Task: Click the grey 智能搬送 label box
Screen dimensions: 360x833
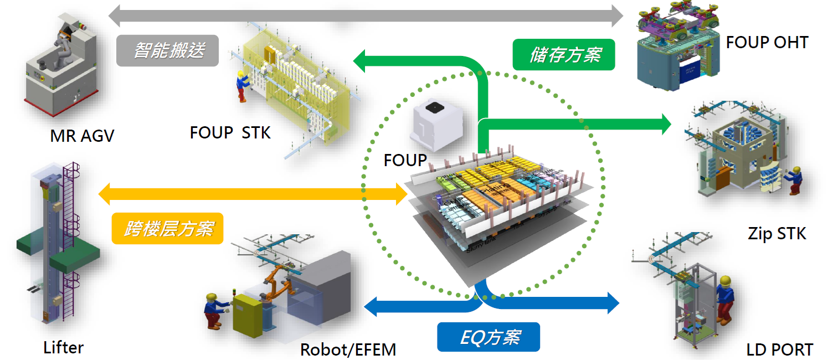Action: pyautogui.click(x=168, y=50)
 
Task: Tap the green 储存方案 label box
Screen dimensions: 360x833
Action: pyautogui.click(x=564, y=54)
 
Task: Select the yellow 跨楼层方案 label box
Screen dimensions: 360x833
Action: pyautogui.click(x=167, y=228)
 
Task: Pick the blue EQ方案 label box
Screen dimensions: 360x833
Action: pyautogui.click(x=488, y=337)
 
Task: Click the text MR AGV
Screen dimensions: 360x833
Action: pyautogui.click(x=82, y=136)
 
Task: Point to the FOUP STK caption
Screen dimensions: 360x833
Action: pyautogui.click(x=230, y=133)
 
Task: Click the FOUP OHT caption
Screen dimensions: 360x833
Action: pyautogui.click(x=767, y=42)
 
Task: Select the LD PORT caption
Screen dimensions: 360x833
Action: pyautogui.click(x=779, y=349)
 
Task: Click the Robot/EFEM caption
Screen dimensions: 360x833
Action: pyautogui.click(x=348, y=350)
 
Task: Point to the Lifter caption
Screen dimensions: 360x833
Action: pyautogui.click(x=63, y=348)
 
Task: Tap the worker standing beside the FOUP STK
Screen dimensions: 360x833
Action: pyautogui.click(x=241, y=86)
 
